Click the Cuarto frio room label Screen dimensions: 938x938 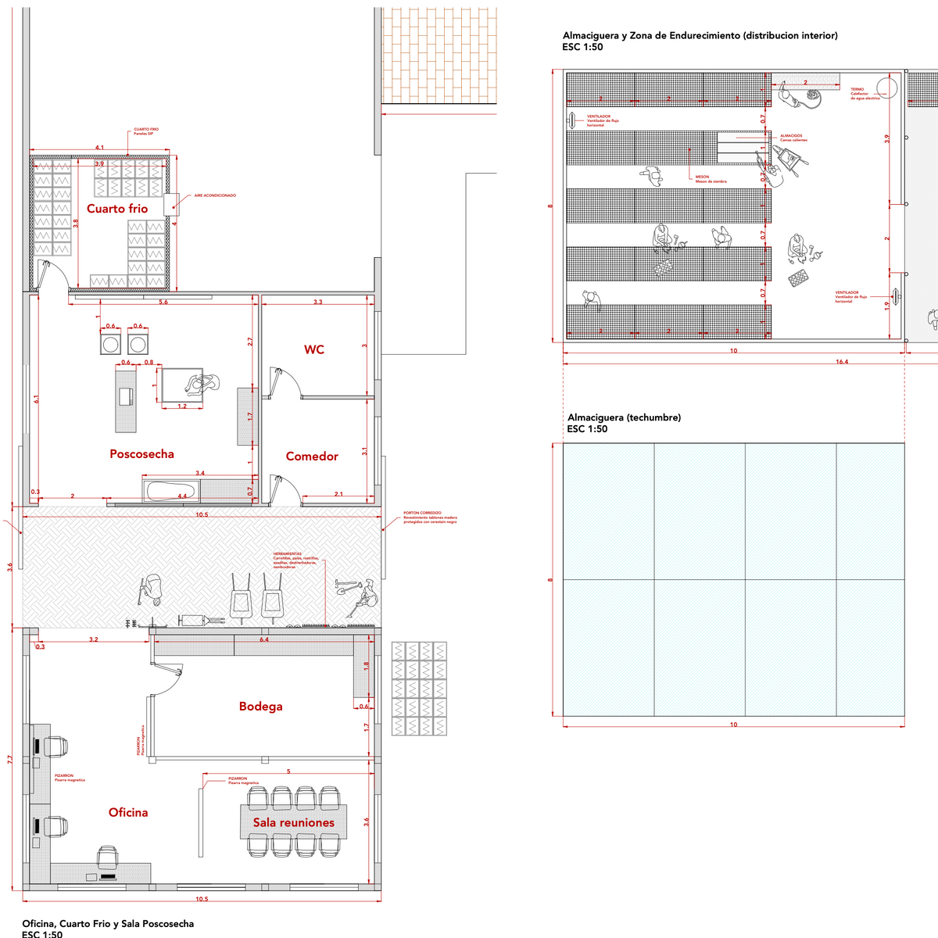click(117, 209)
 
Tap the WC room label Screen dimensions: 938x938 click(314, 349)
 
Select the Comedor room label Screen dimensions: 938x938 click(312, 456)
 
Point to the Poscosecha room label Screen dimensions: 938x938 click(141, 454)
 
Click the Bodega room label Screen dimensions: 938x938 click(261, 707)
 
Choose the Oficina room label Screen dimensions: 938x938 click(128, 813)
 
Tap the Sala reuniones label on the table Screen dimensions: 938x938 click(293, 823)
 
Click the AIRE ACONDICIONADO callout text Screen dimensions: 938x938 click(215, 195)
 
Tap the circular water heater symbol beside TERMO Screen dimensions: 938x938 click(887, 85)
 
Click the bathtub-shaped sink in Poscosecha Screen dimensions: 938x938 click(171, 492)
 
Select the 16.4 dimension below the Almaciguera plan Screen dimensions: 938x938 click(842, 362)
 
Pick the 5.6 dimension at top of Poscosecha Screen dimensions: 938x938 click(163, 302)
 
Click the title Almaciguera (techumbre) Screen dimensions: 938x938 click(624, 417)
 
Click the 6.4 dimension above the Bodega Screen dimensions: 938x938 click(264, 639)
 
